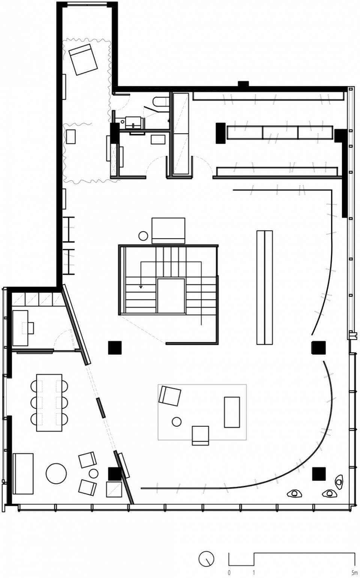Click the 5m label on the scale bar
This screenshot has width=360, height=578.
(x=353, y=572)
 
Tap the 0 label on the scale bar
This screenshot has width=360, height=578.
(x=229, y=572)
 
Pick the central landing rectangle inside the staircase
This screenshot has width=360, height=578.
(x=171, y=296)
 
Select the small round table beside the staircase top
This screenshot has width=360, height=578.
(x=143, y=235)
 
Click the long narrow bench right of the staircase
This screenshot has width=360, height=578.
(x=265, y=287)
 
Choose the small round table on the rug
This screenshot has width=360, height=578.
(x=177, y=422)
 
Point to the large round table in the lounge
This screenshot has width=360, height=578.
(x=56, y=473)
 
